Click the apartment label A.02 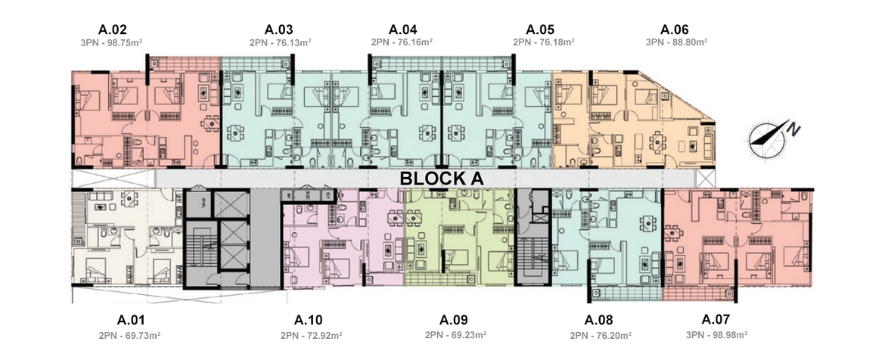[x=112, y=30]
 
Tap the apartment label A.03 [x=279, y=30]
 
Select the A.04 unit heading [x=402, y=30]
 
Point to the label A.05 [x=540, y=30]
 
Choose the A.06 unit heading [x=675, y=30]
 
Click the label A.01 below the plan [x=131, y=321]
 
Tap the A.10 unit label [x=308, y=321]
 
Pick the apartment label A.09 [x=453, y=321]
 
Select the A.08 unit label [x=598, y=321]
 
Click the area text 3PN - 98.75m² [x=112, y=42]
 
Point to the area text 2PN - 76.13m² [x=281, y=42]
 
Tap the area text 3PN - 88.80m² [x=677, y=42]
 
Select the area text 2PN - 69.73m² [x=130, y=335]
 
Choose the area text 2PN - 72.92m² [x=311, y=335]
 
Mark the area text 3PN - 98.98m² [x=717, y=334]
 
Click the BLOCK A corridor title [x=442, y=178]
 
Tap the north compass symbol [x=767, y=140]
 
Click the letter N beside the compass [x=795, y=129]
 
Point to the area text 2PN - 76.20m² [x=601, y=335]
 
